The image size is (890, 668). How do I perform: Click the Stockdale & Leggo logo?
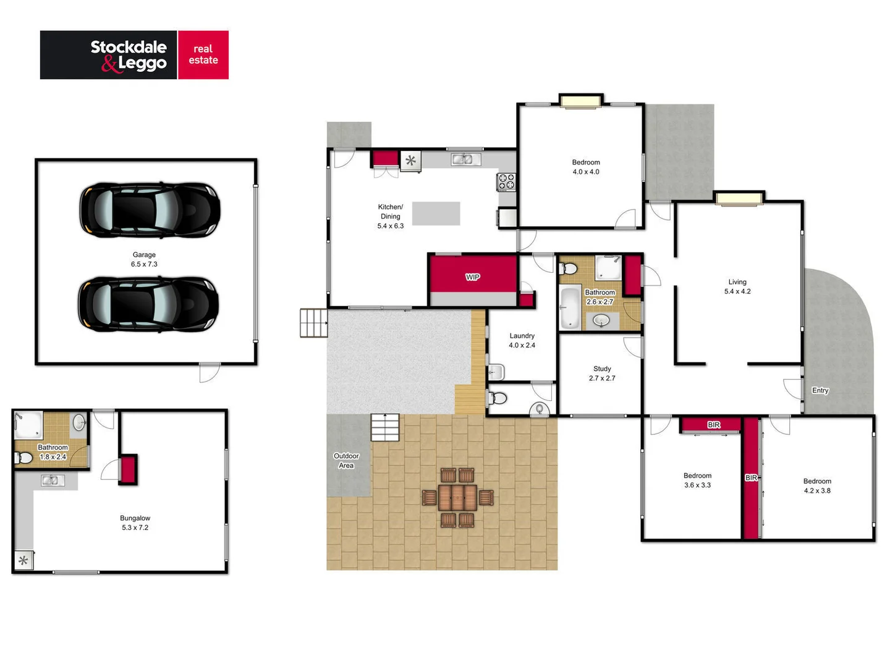pos(134,55)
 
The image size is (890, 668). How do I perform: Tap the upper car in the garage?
pos(150,210)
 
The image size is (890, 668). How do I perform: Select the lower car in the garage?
pos(148,304)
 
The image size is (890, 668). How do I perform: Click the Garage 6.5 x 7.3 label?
pos(144,259)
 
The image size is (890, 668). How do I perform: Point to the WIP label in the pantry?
pos(473,277)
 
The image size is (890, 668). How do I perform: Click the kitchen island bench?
pos(436,213)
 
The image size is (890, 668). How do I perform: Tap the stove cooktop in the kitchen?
pos(507,181)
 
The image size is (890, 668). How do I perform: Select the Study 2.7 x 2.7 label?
pos(602,374)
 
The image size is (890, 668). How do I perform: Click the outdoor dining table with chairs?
pos(457,497)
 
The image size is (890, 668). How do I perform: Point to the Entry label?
pos(820,390)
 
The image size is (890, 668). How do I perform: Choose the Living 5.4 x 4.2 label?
pos(737,286)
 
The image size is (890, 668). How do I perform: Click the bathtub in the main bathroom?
pos(570,307)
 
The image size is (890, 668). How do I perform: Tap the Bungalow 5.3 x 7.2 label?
pos(135,523)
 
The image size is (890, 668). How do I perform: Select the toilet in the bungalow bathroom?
pos(23,458)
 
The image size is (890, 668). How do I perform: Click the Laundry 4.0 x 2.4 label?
pos(522,341)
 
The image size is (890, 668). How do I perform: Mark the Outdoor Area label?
pos(346,461)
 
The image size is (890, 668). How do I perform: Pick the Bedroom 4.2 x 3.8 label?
pos(817,486)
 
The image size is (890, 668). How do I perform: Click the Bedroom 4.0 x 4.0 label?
pos(586,167)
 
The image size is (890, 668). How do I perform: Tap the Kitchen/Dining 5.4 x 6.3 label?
pos(391,216)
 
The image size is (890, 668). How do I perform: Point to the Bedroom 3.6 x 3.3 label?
pos(697,481)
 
